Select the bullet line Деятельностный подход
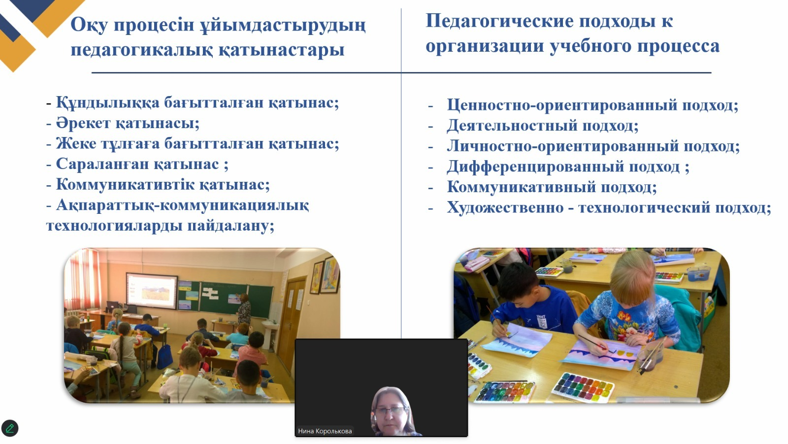click(x=542, y=125)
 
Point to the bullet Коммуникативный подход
click(x=551, y=187)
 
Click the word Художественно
click(x=505, y=207)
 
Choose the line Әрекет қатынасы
click(x=128, y=123)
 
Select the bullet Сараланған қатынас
click(x=142, y=164)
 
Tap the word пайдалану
click(x=230, y=226)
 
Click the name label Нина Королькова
click(x=325, y=431)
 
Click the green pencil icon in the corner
click(x=9, y=428)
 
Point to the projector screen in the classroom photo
click(x=152, y=291)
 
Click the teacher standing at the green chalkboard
click(x=244, y=309)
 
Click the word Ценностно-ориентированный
click(x=562, y=105)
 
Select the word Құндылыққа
click(x=108, y=103)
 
